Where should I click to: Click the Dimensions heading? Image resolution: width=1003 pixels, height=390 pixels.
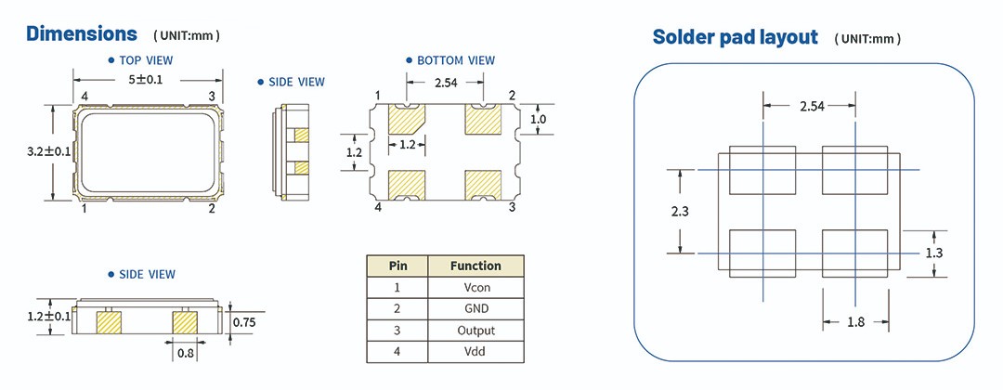point(82,34)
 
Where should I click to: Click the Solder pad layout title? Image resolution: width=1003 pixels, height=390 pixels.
point(735,37)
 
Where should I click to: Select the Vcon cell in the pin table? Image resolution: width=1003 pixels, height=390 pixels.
point(475,288)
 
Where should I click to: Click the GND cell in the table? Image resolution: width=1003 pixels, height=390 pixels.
point(475,309)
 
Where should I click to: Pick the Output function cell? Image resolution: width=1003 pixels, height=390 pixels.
point(475,331)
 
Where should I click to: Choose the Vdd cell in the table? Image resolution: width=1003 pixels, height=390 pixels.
point(475,352)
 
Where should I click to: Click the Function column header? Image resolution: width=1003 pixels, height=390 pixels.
point(475,266)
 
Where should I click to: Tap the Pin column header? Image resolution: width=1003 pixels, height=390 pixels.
point(397,266)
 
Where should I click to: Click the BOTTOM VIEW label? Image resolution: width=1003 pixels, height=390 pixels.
point(455,60)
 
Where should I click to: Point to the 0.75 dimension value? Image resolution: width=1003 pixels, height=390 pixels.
point(243,322)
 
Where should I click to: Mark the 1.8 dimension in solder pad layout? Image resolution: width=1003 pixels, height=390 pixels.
point(855,322)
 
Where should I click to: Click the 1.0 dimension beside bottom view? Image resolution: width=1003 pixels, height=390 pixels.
point(538,120)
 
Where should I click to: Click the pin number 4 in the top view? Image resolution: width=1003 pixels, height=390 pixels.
point(84,97)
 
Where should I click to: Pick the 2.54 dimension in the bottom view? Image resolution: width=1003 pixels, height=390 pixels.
point(446,84)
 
